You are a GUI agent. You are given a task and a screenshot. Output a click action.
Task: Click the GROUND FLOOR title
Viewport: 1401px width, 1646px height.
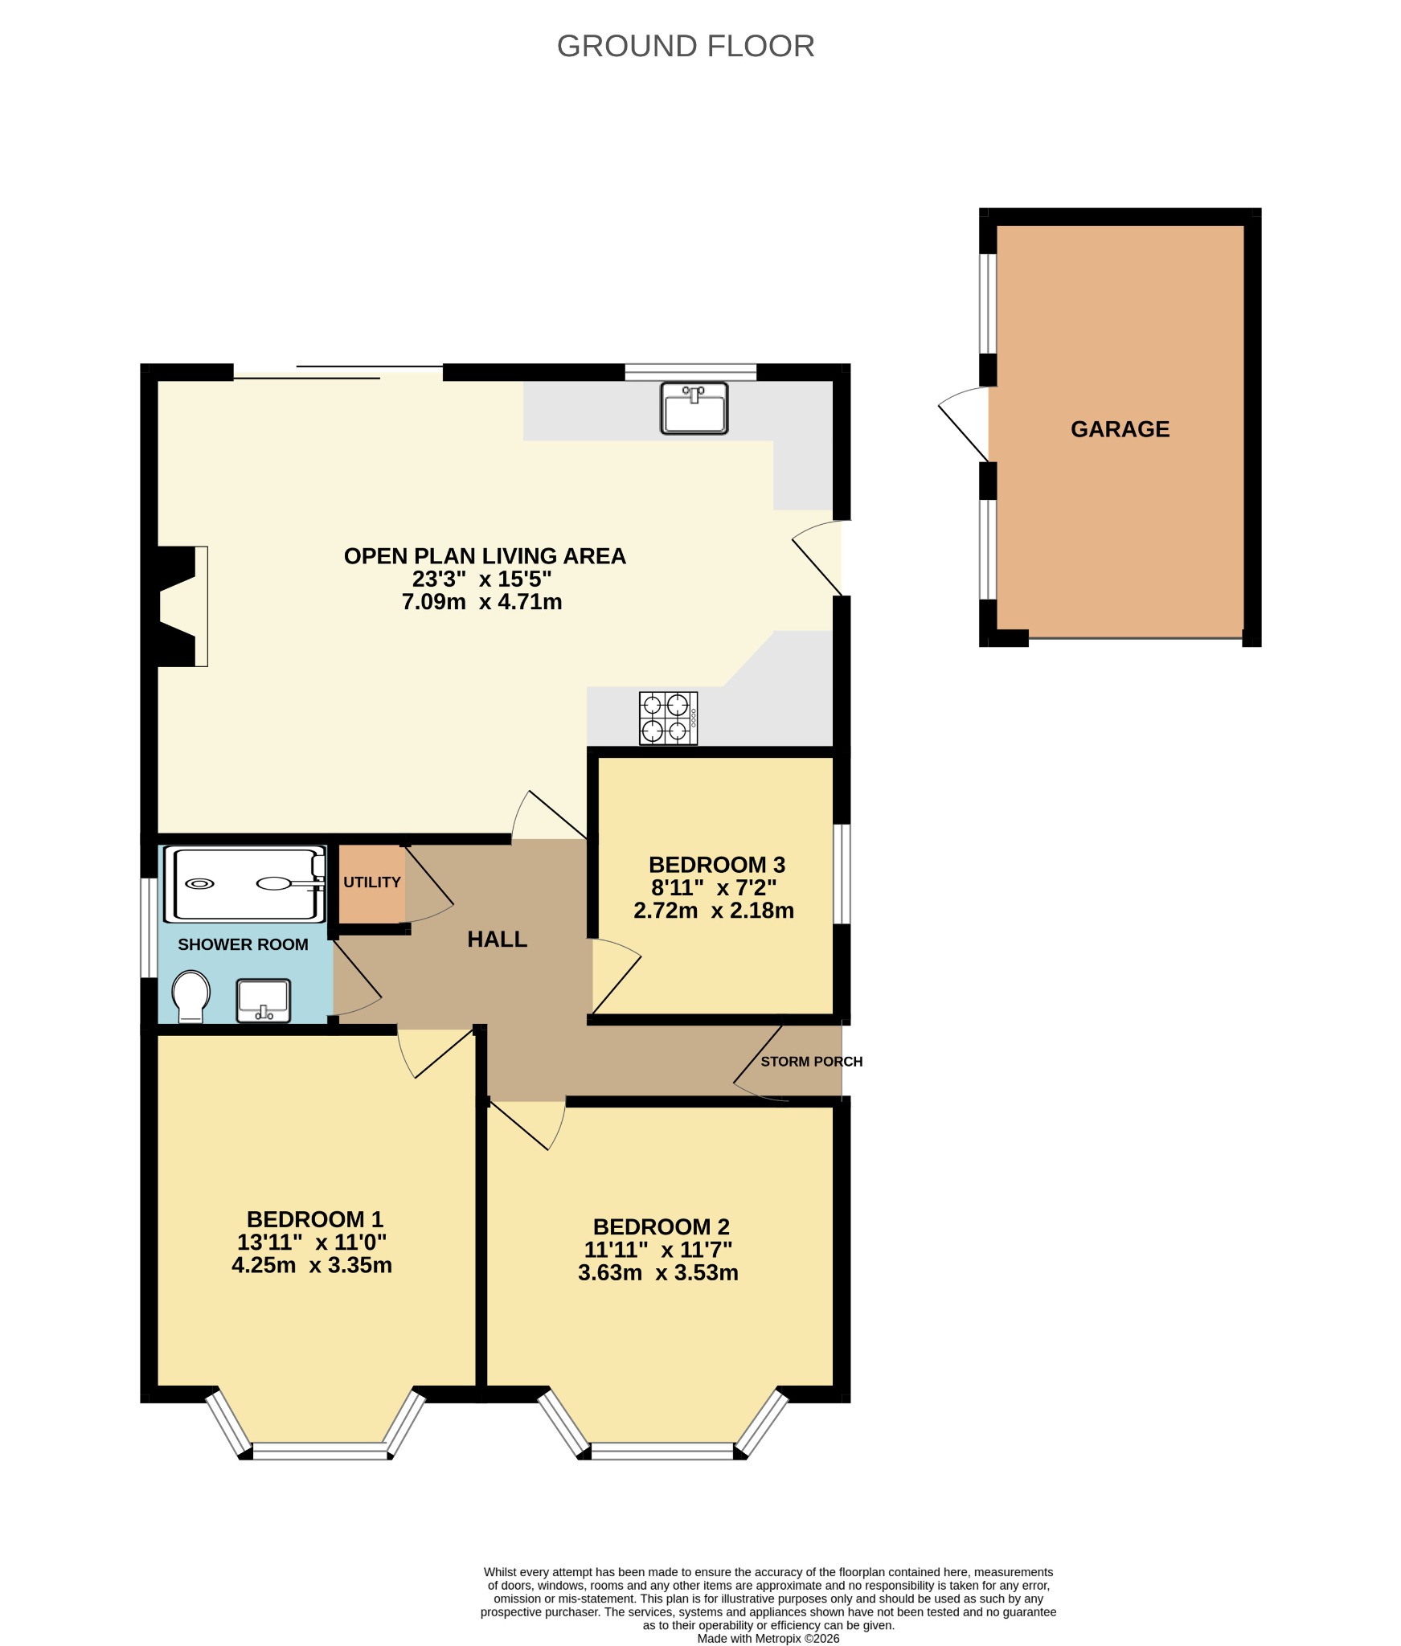(686, 47)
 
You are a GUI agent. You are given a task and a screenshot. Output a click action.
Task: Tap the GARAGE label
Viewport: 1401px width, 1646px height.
(1120, 429)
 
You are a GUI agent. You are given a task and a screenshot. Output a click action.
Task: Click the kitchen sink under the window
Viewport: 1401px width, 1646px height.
(694, 408)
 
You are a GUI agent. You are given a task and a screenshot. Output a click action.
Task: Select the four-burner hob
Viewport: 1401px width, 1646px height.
(669, 719)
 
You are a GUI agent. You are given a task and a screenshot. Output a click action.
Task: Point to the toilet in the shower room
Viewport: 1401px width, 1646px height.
(190, 997)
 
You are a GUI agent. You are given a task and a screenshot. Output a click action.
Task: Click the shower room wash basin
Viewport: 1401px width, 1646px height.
(264, 1001)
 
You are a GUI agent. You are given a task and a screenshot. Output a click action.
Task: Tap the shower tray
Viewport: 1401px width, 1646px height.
(245, 884)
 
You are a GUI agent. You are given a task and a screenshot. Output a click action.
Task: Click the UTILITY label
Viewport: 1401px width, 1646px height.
(372, 882)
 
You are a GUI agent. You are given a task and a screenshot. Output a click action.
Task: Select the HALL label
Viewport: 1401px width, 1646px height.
(498, 940)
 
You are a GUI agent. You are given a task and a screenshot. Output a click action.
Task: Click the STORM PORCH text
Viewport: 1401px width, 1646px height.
(812, 1062)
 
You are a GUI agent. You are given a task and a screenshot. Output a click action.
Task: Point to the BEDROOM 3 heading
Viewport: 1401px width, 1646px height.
(717, 865)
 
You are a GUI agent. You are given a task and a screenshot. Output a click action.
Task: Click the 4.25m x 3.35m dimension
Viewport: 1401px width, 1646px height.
(312, 1266)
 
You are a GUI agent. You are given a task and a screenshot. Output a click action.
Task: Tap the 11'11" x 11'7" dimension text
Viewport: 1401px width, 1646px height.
(658, 1250)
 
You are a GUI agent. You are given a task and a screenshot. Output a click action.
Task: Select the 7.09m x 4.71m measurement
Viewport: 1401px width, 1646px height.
(482, 602)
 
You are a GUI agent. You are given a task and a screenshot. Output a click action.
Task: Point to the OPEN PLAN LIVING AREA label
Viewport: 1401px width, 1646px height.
(485, 556)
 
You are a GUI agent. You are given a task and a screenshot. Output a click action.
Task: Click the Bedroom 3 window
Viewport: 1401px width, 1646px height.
(842, 874)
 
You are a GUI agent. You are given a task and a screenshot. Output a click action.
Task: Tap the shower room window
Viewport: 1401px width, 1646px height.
(149, 927)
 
